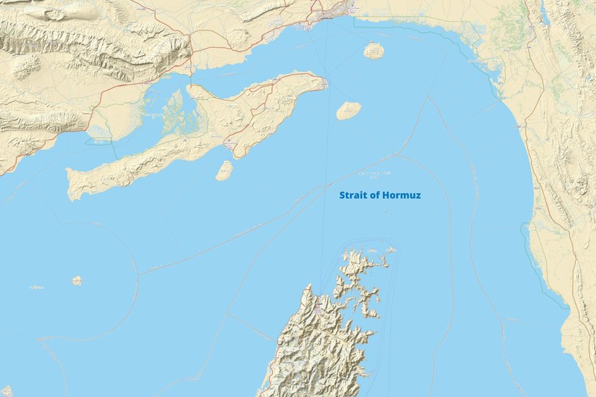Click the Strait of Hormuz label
pyautogui.click(x=380, y=196)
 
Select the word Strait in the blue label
pyautogui.click(x=352, y=196)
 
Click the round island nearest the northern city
pyautogui.click(x=373, y=51)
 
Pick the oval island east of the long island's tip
pyautogui.click(x=349, y=111)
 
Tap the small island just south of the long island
pyautogui.click(x=223, y=171)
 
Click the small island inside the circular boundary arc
pyautogui.click(x=77, y=281)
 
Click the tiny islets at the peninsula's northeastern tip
pyautogui.click(x=390, y=250)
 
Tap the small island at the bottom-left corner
pyautogui.click(x=6, y=390)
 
